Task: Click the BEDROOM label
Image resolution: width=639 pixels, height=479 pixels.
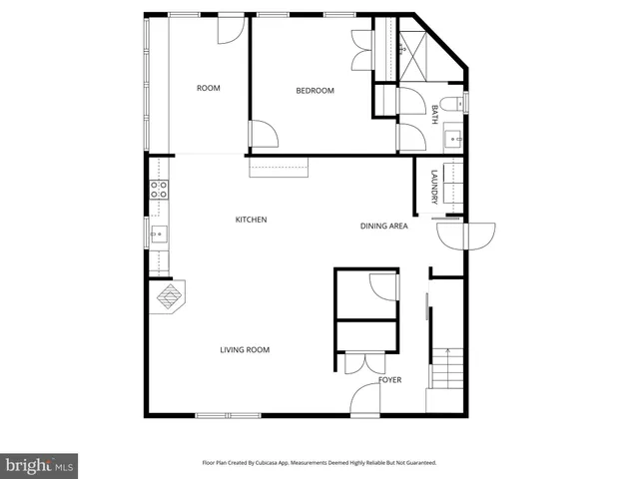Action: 315,91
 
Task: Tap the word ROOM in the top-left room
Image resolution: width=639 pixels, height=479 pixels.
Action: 208,88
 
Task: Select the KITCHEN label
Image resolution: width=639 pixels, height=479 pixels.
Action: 251,220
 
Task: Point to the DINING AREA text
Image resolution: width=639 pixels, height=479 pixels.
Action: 384,227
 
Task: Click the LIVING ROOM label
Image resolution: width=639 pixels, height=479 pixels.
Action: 245,349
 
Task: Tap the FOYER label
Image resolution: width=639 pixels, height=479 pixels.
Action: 389,380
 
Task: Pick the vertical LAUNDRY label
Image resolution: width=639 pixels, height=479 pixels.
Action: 434,189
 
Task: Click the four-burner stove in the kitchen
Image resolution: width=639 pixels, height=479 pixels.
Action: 158,190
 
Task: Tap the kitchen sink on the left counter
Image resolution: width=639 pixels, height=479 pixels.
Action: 158,236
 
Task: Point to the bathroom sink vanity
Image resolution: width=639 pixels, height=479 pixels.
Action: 452,137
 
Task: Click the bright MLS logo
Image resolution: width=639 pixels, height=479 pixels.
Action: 40,465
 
